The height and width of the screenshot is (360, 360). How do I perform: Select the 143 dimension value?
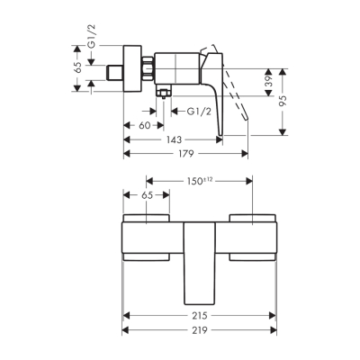(x=168, y=139)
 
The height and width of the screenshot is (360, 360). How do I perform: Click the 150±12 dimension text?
(x=200, y=181)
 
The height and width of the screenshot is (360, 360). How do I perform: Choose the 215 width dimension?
(x=200, y=317)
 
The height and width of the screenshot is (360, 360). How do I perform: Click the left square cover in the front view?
(x=145, y=238)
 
